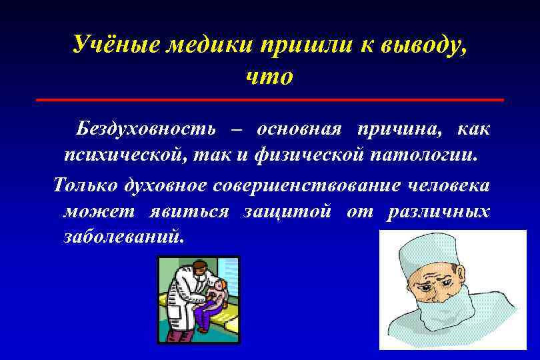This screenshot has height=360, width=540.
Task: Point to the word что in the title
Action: click(269, 77)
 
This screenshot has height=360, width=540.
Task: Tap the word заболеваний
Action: click(122, 239)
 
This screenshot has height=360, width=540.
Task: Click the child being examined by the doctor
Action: click(217, 297)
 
